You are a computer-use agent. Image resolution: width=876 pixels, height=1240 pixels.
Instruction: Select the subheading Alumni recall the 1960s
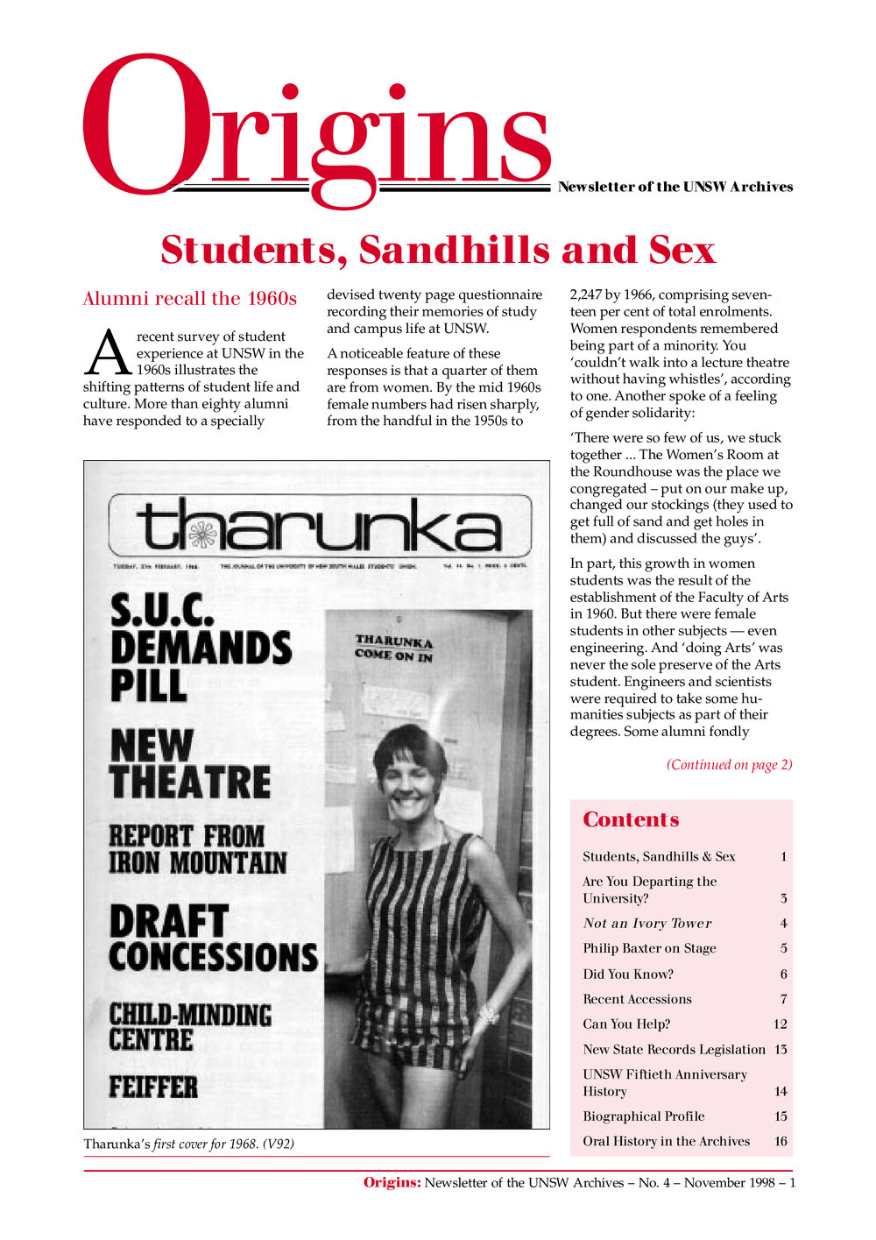tap(189, 299)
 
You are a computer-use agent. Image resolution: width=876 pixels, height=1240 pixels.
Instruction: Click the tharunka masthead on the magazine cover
tap(320, 527)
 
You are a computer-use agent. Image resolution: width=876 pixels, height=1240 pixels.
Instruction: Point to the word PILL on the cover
tap(149, 686)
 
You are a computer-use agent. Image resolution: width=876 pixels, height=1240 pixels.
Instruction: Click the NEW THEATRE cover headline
tap(190, 764)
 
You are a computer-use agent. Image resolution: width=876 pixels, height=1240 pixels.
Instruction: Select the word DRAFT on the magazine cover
tap(168, 921)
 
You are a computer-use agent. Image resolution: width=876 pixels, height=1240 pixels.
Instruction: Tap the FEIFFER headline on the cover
tap(153, 1088)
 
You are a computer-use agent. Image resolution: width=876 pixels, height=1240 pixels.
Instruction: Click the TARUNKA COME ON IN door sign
tap(393, 648)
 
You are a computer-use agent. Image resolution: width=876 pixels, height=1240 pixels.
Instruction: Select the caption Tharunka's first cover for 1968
tap(188, 1144)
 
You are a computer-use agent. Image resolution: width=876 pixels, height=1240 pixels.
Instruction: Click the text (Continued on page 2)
tap(729, 764)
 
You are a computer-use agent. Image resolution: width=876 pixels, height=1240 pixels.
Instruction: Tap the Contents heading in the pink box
tap(631, 819)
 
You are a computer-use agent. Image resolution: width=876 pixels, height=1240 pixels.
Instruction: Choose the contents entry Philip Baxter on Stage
tap(649, 948)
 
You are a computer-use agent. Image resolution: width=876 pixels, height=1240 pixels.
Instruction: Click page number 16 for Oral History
tap(781, 1141)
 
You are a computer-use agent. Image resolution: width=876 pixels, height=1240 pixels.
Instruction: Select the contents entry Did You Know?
tap(628, 974)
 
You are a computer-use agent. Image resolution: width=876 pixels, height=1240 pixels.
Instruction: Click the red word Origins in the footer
tap(392, 1183)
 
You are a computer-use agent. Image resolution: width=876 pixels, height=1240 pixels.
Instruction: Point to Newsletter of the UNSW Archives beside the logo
tap(675, 187)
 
